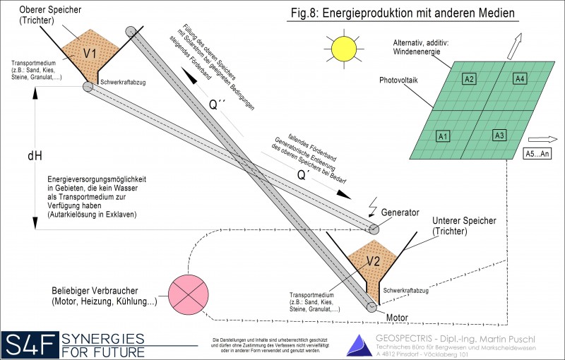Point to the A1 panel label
[x=444, y=136]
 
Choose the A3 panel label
[x=499, y=135]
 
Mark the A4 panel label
[x=519, y=79]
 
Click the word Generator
[x=400, y=212]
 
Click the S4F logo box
[x=30, y=344]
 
